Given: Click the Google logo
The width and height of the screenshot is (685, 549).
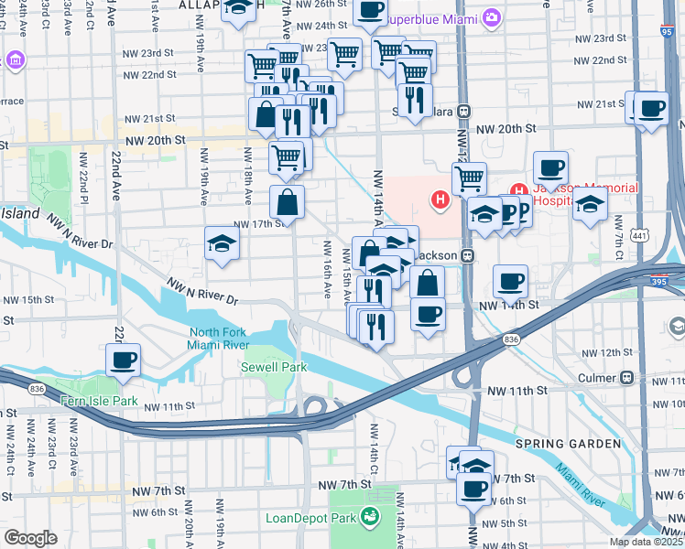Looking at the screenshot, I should pos(30,537).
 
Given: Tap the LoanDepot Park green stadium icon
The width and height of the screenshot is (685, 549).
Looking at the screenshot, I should pos(369,518).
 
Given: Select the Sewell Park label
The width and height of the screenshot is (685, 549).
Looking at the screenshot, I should pos(273,367).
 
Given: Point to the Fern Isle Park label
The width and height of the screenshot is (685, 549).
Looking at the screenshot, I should pos(98,401).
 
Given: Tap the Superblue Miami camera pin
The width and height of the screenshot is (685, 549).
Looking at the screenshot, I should pos(493,17).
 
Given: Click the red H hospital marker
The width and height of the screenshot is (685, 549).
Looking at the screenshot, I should pos(440,199).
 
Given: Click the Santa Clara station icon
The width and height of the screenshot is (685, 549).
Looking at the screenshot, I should pos(464,111).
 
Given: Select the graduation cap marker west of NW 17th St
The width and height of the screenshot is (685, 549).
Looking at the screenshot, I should pos(222,243).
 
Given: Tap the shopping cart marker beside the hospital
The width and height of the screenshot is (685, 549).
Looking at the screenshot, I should pos(469,177).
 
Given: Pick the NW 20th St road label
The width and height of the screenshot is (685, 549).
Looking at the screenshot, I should pos(156,140).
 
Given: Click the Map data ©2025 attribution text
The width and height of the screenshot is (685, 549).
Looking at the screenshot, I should pos(646,542).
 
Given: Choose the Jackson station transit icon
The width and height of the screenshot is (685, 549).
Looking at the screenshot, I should pos(467,255).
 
